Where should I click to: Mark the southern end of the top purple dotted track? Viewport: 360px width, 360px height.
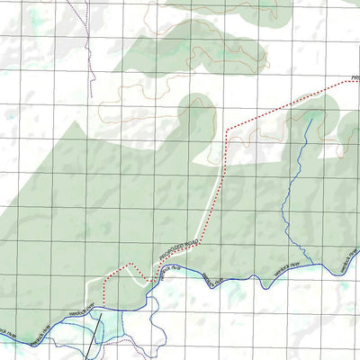92,95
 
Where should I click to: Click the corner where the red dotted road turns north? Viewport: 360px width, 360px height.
227,131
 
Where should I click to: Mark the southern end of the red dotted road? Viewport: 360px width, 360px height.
106,304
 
